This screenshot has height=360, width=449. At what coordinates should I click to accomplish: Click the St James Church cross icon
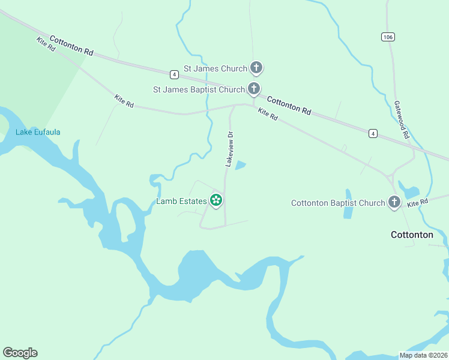click(x=256, y=67)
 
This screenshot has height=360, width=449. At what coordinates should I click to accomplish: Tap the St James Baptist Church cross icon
click(x=254, y=89)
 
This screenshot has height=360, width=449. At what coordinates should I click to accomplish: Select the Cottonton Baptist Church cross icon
click(x=394, y=202)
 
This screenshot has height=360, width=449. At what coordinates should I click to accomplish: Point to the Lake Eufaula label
click(x=38, y=132)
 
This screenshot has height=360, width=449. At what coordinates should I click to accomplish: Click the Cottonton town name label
click(x=412, y=235)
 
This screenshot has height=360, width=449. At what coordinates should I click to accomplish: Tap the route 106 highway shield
click(x=387, y=37)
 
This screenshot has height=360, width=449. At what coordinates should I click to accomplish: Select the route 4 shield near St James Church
click(x=174, y=74)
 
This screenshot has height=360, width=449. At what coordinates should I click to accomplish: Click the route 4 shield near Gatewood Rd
click(x=373, y=133)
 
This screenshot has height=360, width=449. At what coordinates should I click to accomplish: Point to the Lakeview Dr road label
click(x=229, y=149)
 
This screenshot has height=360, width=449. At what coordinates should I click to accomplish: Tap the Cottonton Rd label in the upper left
click(x=71, y=46)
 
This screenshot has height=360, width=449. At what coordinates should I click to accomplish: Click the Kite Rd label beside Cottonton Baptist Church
click(x=417, y=204)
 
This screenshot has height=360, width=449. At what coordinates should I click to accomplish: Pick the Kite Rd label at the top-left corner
click(x=46, y=44)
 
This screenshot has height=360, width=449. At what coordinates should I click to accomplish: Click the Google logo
click(x=20, y=353)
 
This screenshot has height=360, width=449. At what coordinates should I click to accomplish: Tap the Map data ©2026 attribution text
click(x=423, y=355)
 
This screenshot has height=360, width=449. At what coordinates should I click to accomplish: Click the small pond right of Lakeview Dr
click(x=240, y=165)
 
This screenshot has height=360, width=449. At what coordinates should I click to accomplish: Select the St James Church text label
click(x=215, y=68)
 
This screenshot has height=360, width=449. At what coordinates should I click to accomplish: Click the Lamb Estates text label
click(x=181, y=202)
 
